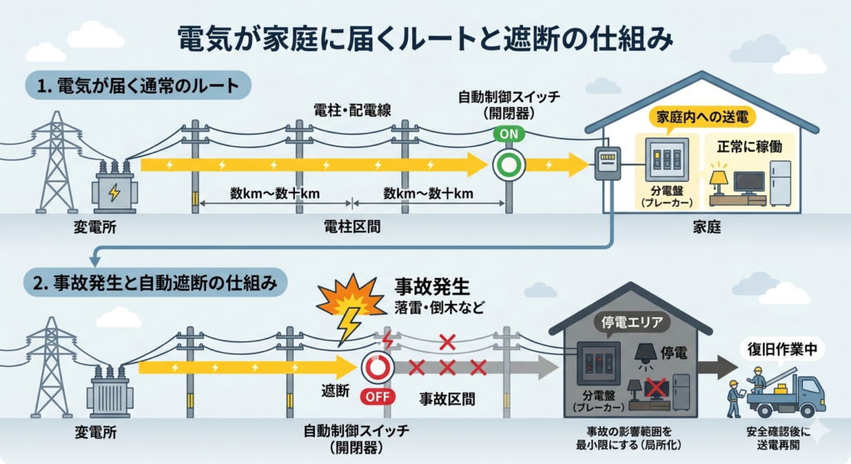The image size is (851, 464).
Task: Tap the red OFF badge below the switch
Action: tap(378, 396)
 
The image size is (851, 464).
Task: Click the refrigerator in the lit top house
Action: tap(780, 183)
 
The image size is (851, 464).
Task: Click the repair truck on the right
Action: tap(786, 397)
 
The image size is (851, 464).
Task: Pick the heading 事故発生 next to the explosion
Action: tap(431, 287)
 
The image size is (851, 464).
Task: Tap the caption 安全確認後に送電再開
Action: tap(778, 438)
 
